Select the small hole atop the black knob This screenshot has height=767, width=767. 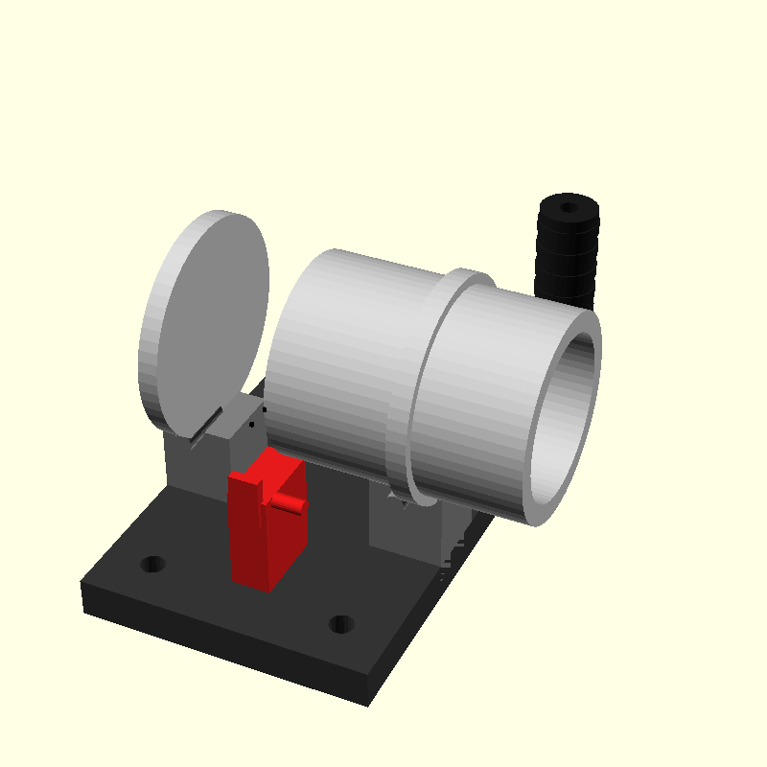click(569, 206)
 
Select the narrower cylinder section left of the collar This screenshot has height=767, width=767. click(345, 355)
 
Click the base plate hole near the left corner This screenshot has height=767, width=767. click(151, 564)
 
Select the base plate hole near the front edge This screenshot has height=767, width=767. click(340, 624)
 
